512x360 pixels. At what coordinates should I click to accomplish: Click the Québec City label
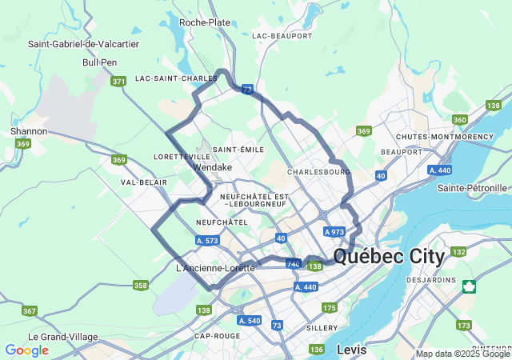point(389,257)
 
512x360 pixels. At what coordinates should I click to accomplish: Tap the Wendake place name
point(213,168)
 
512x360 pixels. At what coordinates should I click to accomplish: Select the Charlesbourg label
point(318,172)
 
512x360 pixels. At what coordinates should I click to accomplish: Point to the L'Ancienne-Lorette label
point(214,268)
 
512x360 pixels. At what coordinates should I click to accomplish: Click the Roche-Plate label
point(205,22)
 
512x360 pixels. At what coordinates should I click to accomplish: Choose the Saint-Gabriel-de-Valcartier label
point(83,44)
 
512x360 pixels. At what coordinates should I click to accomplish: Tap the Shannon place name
point(29,131)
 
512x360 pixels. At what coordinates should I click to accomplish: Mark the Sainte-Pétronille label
point(473,188)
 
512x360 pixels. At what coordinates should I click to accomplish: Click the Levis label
point(352,350)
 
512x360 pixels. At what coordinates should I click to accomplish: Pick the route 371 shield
point(119,82)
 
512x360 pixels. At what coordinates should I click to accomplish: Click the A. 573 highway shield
point(207,240)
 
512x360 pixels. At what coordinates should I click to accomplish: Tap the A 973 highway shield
point(334,231)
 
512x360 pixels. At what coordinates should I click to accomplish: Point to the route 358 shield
point(141,285)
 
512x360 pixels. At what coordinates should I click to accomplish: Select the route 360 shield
point(459,120)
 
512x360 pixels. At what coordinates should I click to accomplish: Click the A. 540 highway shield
point(249,320)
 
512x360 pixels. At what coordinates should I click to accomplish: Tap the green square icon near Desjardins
point(469,286)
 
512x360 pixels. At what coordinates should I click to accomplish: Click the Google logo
point(27,350)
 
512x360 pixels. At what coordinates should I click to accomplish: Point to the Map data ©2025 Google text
point(462,354)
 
